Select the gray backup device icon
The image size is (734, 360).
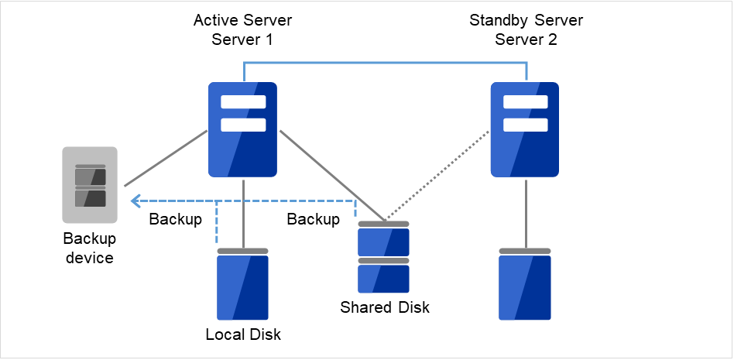click(x=90, y=187)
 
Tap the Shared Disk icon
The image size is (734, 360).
click(x=384, y=256)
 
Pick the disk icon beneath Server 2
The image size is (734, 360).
click(x=525, y=285)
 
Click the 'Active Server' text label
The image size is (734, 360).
click(x=242, y=19)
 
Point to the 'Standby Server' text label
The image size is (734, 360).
click(x=525, y=19)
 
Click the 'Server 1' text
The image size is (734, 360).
click(x=242, y=39)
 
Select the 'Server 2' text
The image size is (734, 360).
click(x=525, y=39)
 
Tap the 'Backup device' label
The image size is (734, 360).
click(x=88, y=249)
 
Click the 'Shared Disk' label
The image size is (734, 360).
click(x=385, y=307)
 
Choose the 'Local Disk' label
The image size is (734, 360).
click(x=243, y=335)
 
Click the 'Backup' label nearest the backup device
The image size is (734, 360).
click(x=176, y=219)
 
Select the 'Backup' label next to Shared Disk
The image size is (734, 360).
click(x=313, y=219)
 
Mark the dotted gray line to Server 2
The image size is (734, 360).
click(x=437, y=176)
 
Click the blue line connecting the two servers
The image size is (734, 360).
click(x=386, y=63)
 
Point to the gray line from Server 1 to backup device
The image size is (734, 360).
click(x=165, y=159)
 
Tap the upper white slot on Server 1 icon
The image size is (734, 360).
click(x=243, y=102)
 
